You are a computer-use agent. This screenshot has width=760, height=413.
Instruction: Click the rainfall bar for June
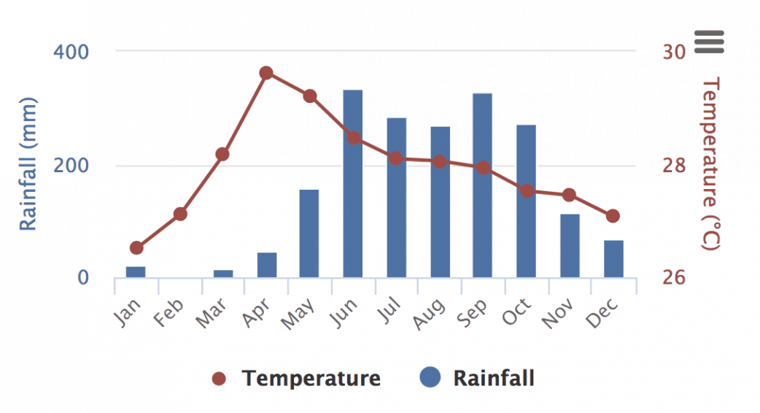(352, 184)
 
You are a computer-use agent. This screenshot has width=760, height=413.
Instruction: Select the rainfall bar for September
(482, 185)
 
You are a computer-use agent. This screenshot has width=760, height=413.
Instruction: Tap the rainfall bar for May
(309, 233)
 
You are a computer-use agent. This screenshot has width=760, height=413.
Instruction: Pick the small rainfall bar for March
(223, 274)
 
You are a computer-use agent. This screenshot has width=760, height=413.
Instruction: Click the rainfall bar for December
(613, 259)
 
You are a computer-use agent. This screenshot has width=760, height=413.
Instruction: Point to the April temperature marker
(266, 73)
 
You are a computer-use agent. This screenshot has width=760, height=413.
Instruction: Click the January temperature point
(136, 248)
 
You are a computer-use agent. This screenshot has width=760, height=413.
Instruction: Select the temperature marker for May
(310, 96)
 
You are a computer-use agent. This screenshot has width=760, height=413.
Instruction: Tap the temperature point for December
(613, 216)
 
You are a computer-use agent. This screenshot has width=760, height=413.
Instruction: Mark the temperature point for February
(180, 214)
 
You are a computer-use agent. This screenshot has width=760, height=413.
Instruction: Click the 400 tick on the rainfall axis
(71, 53)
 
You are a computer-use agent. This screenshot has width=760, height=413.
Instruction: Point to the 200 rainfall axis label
(71, 166)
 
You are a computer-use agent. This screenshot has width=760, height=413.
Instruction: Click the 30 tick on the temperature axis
(674, 53)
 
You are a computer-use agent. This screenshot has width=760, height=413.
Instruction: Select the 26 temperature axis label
(674, 278)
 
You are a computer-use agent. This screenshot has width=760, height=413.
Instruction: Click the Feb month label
(168, 315)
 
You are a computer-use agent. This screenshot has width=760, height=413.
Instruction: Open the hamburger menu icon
(709, 42)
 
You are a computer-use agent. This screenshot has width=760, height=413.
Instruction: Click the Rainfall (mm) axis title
(28, 163)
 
